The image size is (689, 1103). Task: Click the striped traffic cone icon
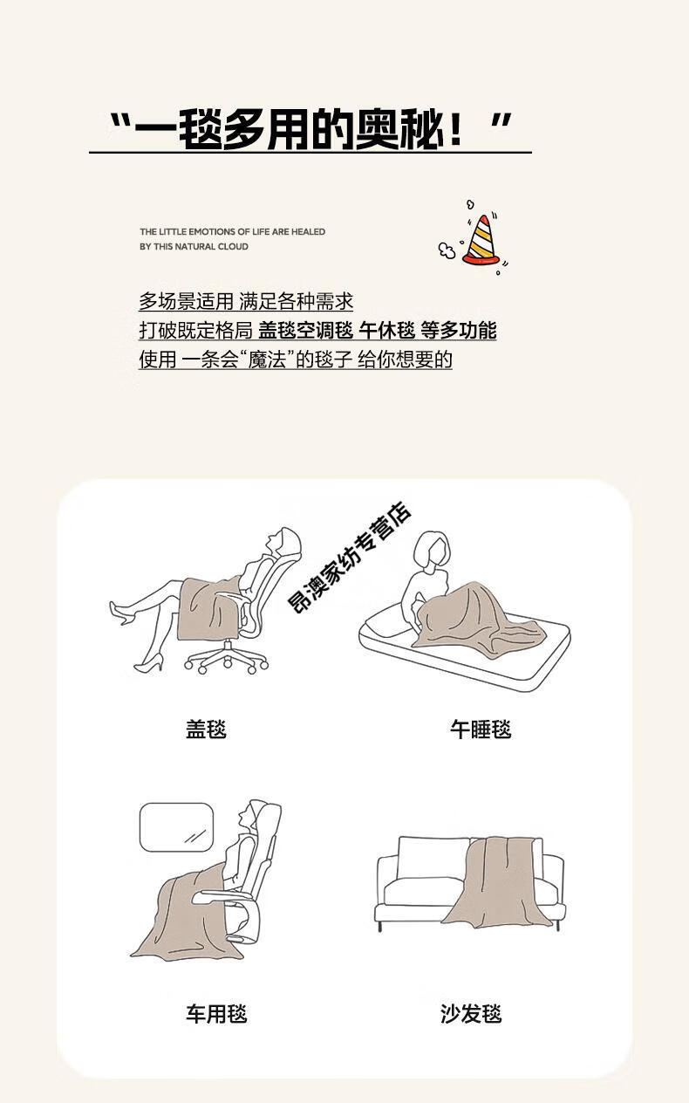tap(481, 240)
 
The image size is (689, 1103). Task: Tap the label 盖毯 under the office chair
tap(206, 730)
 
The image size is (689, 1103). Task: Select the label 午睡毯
tap(481, 730)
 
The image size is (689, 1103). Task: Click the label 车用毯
tap(216, 1014)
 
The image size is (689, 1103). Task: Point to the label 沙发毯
tap(471, 1014)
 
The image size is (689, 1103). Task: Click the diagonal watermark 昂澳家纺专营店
tap(349, 558)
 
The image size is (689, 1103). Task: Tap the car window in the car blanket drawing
tap(177, 827)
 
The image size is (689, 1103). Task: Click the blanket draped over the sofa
tap(497, 884)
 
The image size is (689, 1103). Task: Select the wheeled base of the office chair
tap(227, 656)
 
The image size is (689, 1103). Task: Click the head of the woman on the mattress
tap(431, 550)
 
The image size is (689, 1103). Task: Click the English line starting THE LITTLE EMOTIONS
tap(232, 231)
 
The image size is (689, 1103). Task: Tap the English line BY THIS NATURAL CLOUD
tap(194, 246)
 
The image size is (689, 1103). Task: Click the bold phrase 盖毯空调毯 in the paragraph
tap(305, 331)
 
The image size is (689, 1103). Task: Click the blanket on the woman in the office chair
tap(208, 608)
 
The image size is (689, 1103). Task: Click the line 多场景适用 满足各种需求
tap(246, 301)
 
